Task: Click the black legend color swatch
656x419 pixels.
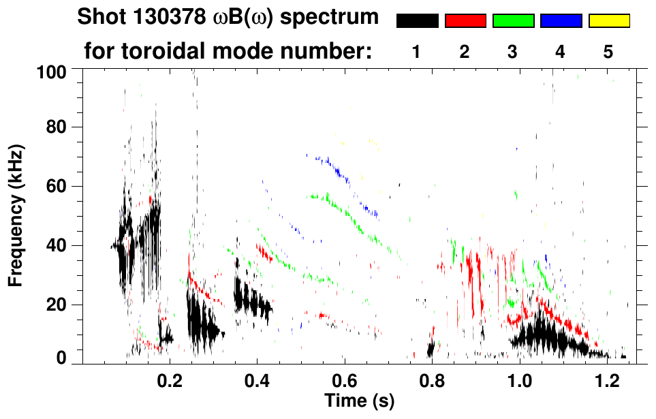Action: point(417,21)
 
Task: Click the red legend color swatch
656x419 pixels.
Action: point(465,21)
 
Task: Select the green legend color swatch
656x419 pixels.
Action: point(513,21)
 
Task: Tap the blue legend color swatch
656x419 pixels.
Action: point(561,21)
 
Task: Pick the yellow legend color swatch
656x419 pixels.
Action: point(608,21)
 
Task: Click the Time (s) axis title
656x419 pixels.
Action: point(359,400)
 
